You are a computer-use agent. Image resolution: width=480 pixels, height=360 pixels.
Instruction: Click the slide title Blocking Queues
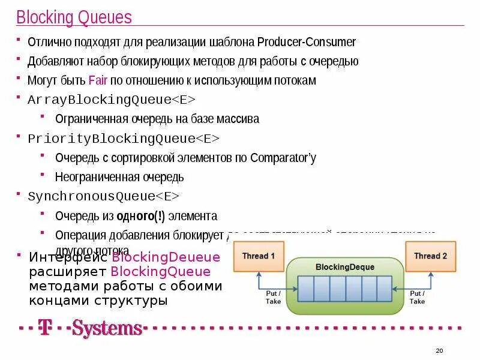[x=74, y=17]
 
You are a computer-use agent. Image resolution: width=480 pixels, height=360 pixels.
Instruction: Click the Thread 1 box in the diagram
[x=259, y=256]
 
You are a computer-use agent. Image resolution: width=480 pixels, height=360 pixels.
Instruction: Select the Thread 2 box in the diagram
[x=430, y=256]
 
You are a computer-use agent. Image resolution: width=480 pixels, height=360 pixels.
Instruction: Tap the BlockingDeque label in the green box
[x=344, y=267]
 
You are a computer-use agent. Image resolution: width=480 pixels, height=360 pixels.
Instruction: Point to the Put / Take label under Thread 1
[x=273, y=297]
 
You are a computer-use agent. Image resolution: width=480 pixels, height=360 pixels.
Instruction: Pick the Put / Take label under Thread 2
[x=417, y=297]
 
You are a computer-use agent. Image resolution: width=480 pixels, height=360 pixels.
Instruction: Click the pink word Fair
[x=98, y=80]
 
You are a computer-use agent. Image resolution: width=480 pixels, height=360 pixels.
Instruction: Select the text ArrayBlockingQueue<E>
[x=112, y=100]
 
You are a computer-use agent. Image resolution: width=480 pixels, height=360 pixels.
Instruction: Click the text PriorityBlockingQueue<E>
[x=124, y=139]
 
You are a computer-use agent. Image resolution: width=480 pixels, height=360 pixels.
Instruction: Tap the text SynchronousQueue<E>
[x=104, y=196]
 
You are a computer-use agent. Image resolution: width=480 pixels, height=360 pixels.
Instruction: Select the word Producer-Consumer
[x=307, y=42]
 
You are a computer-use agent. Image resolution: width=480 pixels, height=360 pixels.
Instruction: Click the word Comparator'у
[x=283, y=158]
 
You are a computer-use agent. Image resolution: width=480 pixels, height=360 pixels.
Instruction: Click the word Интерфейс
[x=68, y=257]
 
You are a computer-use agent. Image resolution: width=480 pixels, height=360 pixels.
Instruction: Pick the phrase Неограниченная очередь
[x=119, y=177]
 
